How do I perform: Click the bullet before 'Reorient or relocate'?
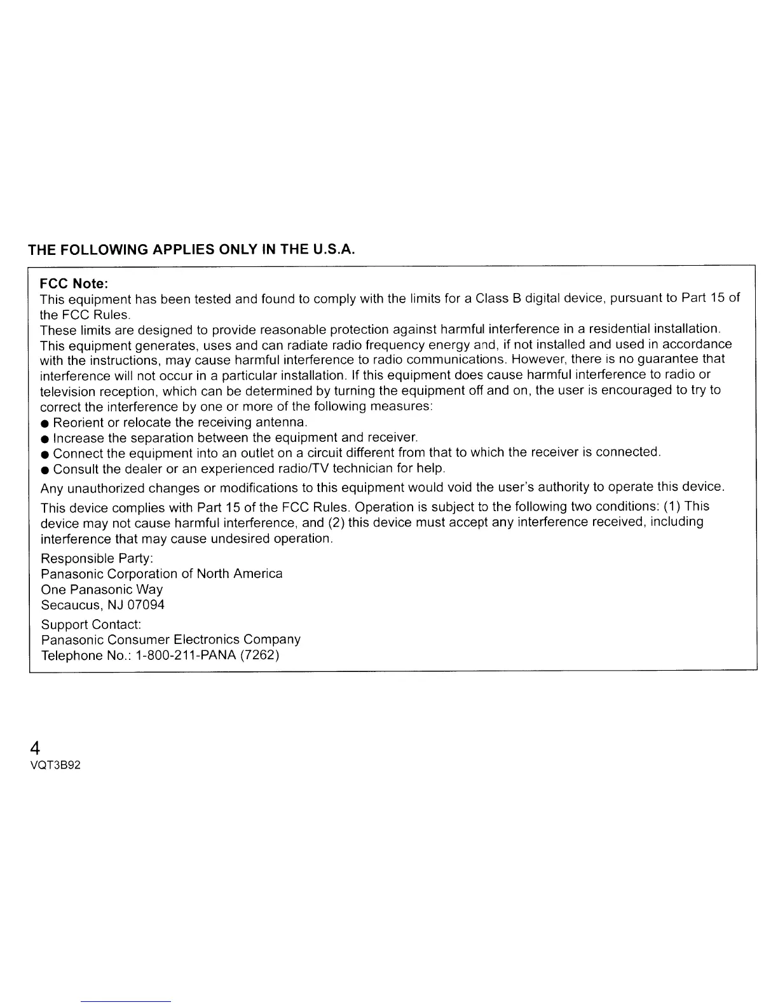tap(45, 423)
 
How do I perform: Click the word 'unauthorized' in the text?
tap(107, 488)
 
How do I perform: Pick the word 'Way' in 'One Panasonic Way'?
tap(149, 589)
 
